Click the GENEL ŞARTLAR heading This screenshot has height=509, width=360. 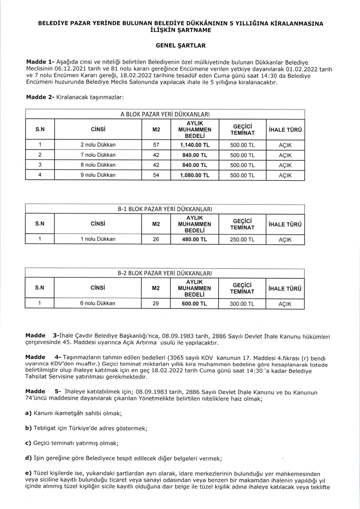coord(180,45)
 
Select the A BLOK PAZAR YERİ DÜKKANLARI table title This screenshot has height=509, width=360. coord(165,115)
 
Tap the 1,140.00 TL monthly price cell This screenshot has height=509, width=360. coord(195,145)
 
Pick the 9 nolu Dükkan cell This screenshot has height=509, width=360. coord(98,175)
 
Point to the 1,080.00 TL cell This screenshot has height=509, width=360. coord(195,175)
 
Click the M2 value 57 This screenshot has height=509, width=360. coord(156,145)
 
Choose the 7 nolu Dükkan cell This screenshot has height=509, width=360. coord(98,155)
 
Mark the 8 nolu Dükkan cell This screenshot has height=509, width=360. coord(98,165)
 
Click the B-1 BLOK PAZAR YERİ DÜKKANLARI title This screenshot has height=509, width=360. coord(165,209)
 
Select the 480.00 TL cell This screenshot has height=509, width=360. coord(195,239)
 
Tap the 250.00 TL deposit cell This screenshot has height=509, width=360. coord(242,239)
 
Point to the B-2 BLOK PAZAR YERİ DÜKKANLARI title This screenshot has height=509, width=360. coord(165,273)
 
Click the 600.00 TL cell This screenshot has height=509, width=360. coord(195,303)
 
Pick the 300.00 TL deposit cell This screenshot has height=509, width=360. coord(242,303)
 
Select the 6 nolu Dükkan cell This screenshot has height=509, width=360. coord(98,303)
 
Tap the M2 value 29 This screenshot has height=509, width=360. coord(156,303)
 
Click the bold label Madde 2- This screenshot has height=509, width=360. coord(40,97)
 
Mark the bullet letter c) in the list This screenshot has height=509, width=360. coord(29,443)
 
